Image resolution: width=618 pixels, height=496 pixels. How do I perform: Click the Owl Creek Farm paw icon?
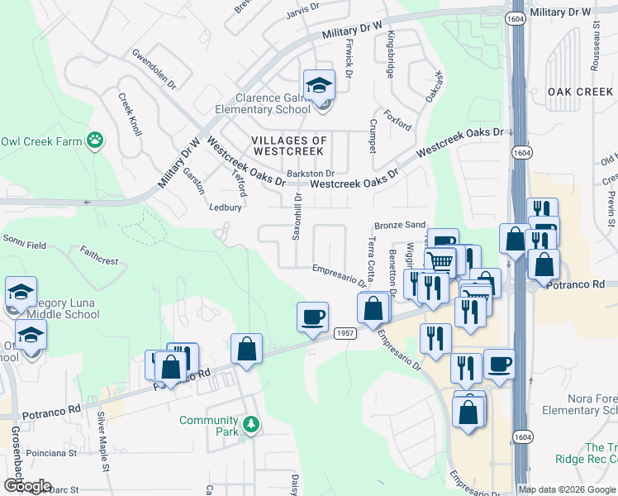[97, 141]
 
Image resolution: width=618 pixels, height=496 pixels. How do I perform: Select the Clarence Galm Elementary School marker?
[318, 85]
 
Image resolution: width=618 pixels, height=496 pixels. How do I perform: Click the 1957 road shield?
[345, 332]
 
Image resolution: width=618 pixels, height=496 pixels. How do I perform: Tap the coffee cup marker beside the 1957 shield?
[313, 317]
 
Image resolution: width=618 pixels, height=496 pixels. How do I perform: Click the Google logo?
[26, 486]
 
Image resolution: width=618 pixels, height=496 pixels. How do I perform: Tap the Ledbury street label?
[226, 208]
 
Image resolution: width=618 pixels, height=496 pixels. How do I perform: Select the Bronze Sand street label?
[400, 225]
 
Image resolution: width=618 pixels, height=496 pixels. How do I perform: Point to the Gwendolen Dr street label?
[154, 69]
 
